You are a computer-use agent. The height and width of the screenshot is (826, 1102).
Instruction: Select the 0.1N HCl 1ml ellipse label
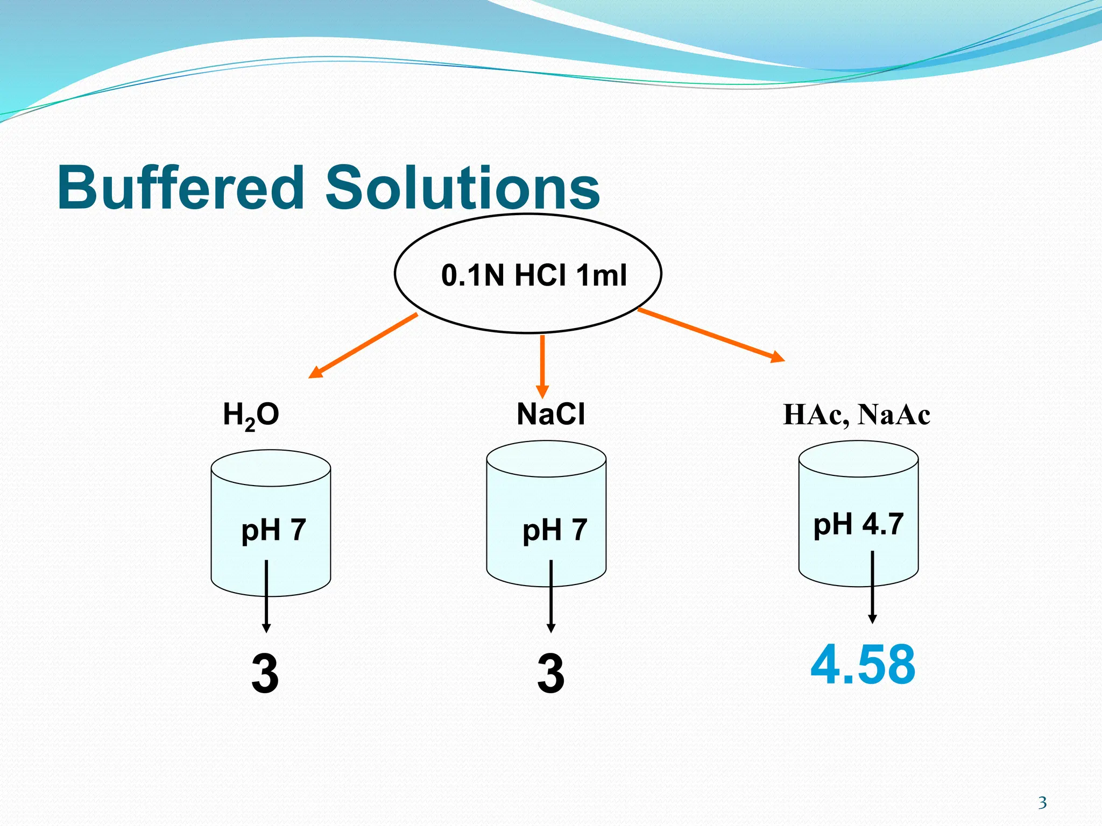pos(534,275)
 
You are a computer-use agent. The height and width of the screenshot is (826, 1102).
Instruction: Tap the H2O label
pos(251,415)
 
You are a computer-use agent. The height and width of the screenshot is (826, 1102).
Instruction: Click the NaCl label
pos(550,414)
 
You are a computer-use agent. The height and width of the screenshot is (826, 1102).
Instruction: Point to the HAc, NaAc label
pos(856,415)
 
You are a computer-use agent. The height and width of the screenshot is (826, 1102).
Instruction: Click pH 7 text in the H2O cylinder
pos(273,530)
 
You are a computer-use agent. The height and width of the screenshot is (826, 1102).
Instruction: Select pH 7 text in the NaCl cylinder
pos(555,530)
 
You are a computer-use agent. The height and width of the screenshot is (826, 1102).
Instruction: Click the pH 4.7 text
pos(858,524)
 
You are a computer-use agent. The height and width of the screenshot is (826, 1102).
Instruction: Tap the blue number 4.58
pos(863,665)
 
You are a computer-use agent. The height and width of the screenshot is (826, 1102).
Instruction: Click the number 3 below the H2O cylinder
pos(265,673)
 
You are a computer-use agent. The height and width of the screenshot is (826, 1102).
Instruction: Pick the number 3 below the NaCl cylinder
pos(550,673)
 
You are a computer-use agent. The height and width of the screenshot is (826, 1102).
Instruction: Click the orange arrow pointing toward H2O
pos(363,345)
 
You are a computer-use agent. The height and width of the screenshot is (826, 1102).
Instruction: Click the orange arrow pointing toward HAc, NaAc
pos(710,334)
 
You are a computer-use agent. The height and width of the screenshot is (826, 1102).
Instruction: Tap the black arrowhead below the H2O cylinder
pos(266,628)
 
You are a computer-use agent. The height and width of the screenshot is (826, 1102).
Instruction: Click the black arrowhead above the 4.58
pos(872,618)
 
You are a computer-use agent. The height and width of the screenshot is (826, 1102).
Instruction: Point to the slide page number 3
pos(1042,803)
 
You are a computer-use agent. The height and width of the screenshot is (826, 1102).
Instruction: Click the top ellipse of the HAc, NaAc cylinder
pos(858,459)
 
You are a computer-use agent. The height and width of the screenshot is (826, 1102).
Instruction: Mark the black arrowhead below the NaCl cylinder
pos(550,628)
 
